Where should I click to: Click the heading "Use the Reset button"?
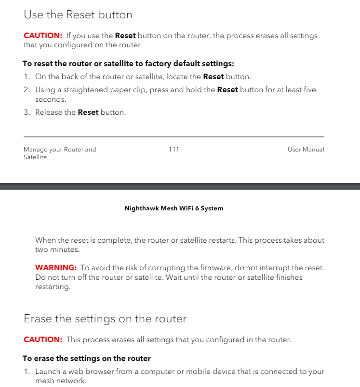click(x=78, y=15)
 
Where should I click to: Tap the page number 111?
click(x=174, y=150)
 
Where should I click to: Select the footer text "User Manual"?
click(x=306, y=150)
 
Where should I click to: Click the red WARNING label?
click(x=56, y=268)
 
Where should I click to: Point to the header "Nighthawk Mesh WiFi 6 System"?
click(x=173, y=208)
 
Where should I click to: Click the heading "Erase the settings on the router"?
click(x=105, y=319)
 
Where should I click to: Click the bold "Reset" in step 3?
click(x=88, y=112)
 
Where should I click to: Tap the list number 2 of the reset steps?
click(x=27, y=90)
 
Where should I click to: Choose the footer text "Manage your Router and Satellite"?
click(x=60, y=153)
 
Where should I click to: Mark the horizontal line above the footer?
click(x=173, y=137)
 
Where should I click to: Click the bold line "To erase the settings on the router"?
click(x=87, y=359)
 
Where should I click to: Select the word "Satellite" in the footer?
click(x=35, y=157)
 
